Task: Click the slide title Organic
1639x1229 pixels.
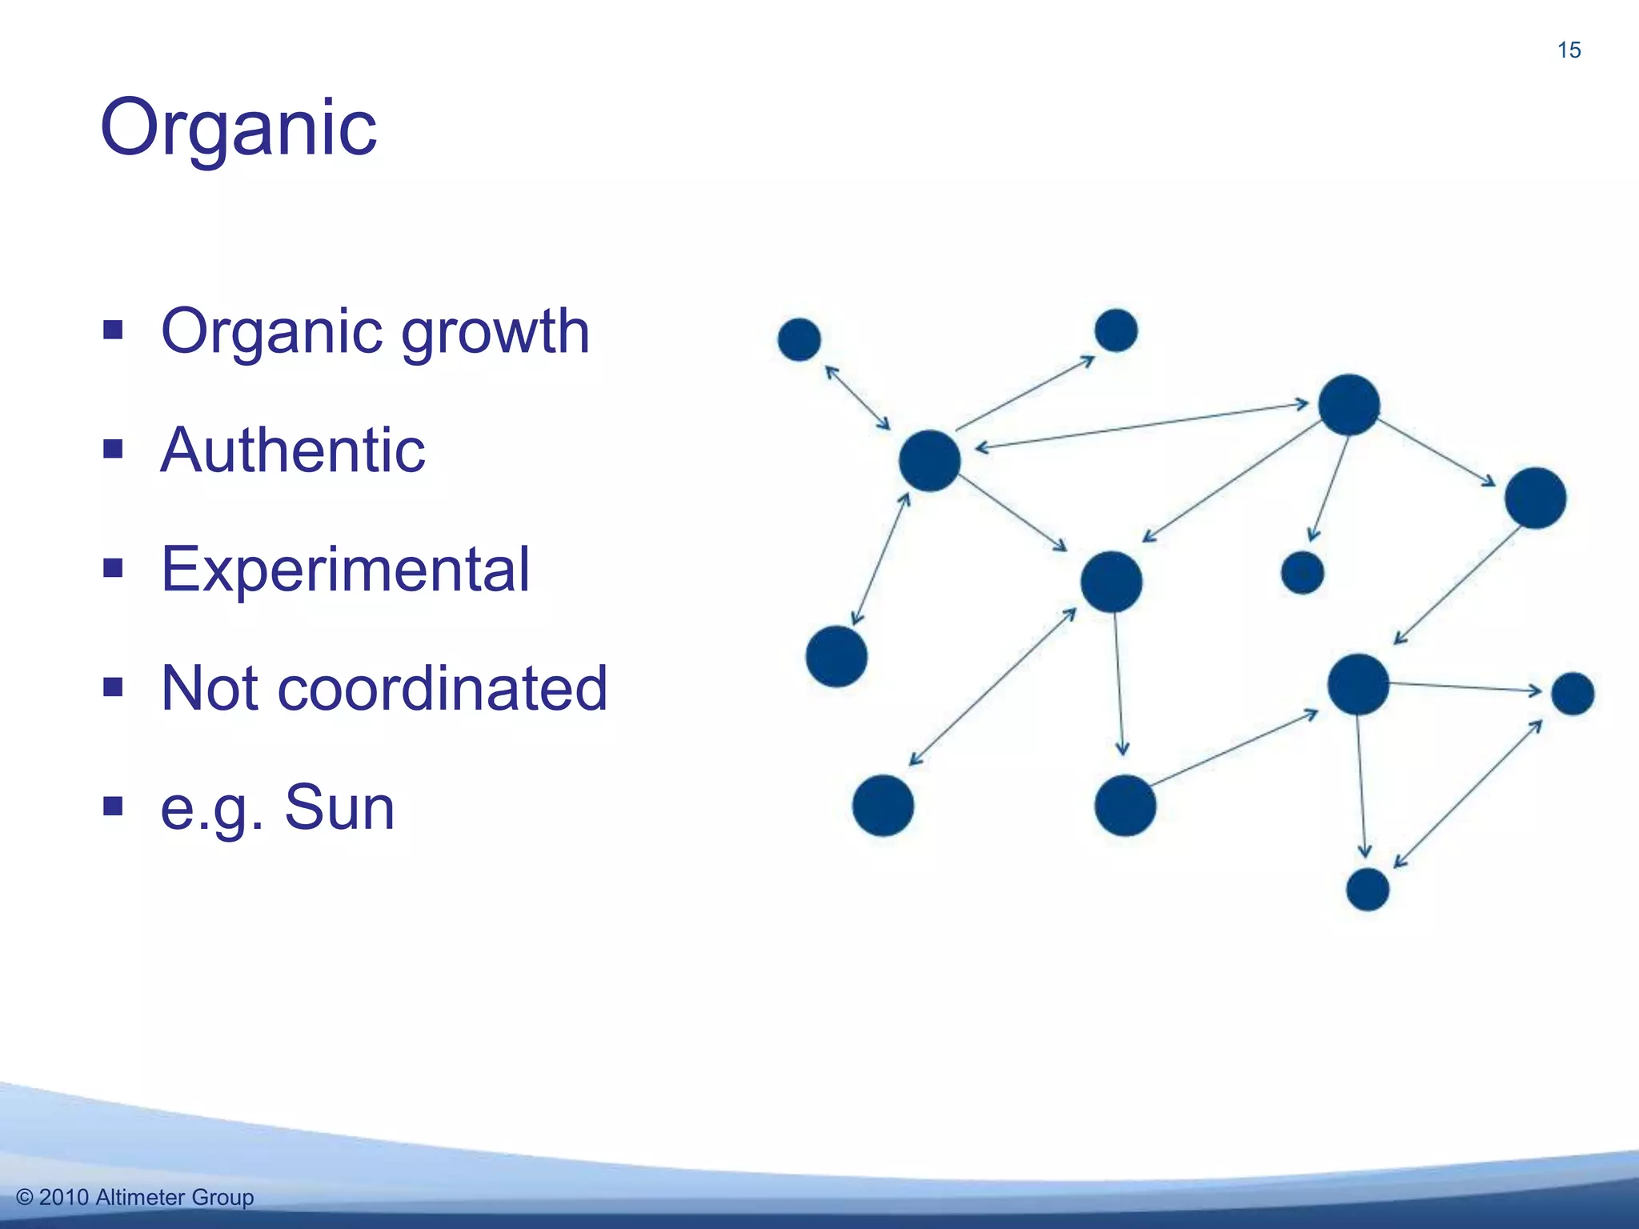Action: pyautogui.click(x=238, y=128)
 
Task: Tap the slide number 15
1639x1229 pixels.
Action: pyautogui.click(x=1569, y=50)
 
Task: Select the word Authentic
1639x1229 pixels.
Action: pyautogui.click(x=293, y=450)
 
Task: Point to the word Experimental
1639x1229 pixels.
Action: pyautogui.click(x=345, y=569)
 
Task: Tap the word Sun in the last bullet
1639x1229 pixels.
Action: pyautogui.click(x=339, y=807)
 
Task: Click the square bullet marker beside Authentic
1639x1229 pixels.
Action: pyautogui.click(x=113, y=449)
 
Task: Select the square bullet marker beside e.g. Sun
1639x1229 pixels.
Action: pyautogui.click(x=113, y=806)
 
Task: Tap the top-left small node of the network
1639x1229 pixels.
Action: pyautogui.click(x=799, y=339)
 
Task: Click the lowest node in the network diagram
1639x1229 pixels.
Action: pyautogui.click(x=1368, y=890)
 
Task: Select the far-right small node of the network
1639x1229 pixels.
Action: pyautogui.click(x=1573, y=694)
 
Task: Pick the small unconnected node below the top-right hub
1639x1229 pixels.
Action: pyautogui.click(x=1302, y=573)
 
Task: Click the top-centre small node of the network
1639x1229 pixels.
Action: pyautogui.click(x=1116, y=330)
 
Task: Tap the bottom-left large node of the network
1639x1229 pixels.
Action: pyautogui.click(x=883, y=806)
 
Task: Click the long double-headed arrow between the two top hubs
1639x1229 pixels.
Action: pyautogui.click(x=1141, y=426)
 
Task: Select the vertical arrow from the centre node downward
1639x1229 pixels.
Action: pyautogui.click(x=1119, y=684)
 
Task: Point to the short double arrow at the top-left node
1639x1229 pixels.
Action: pyautogui.click(x=858, y=398)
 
